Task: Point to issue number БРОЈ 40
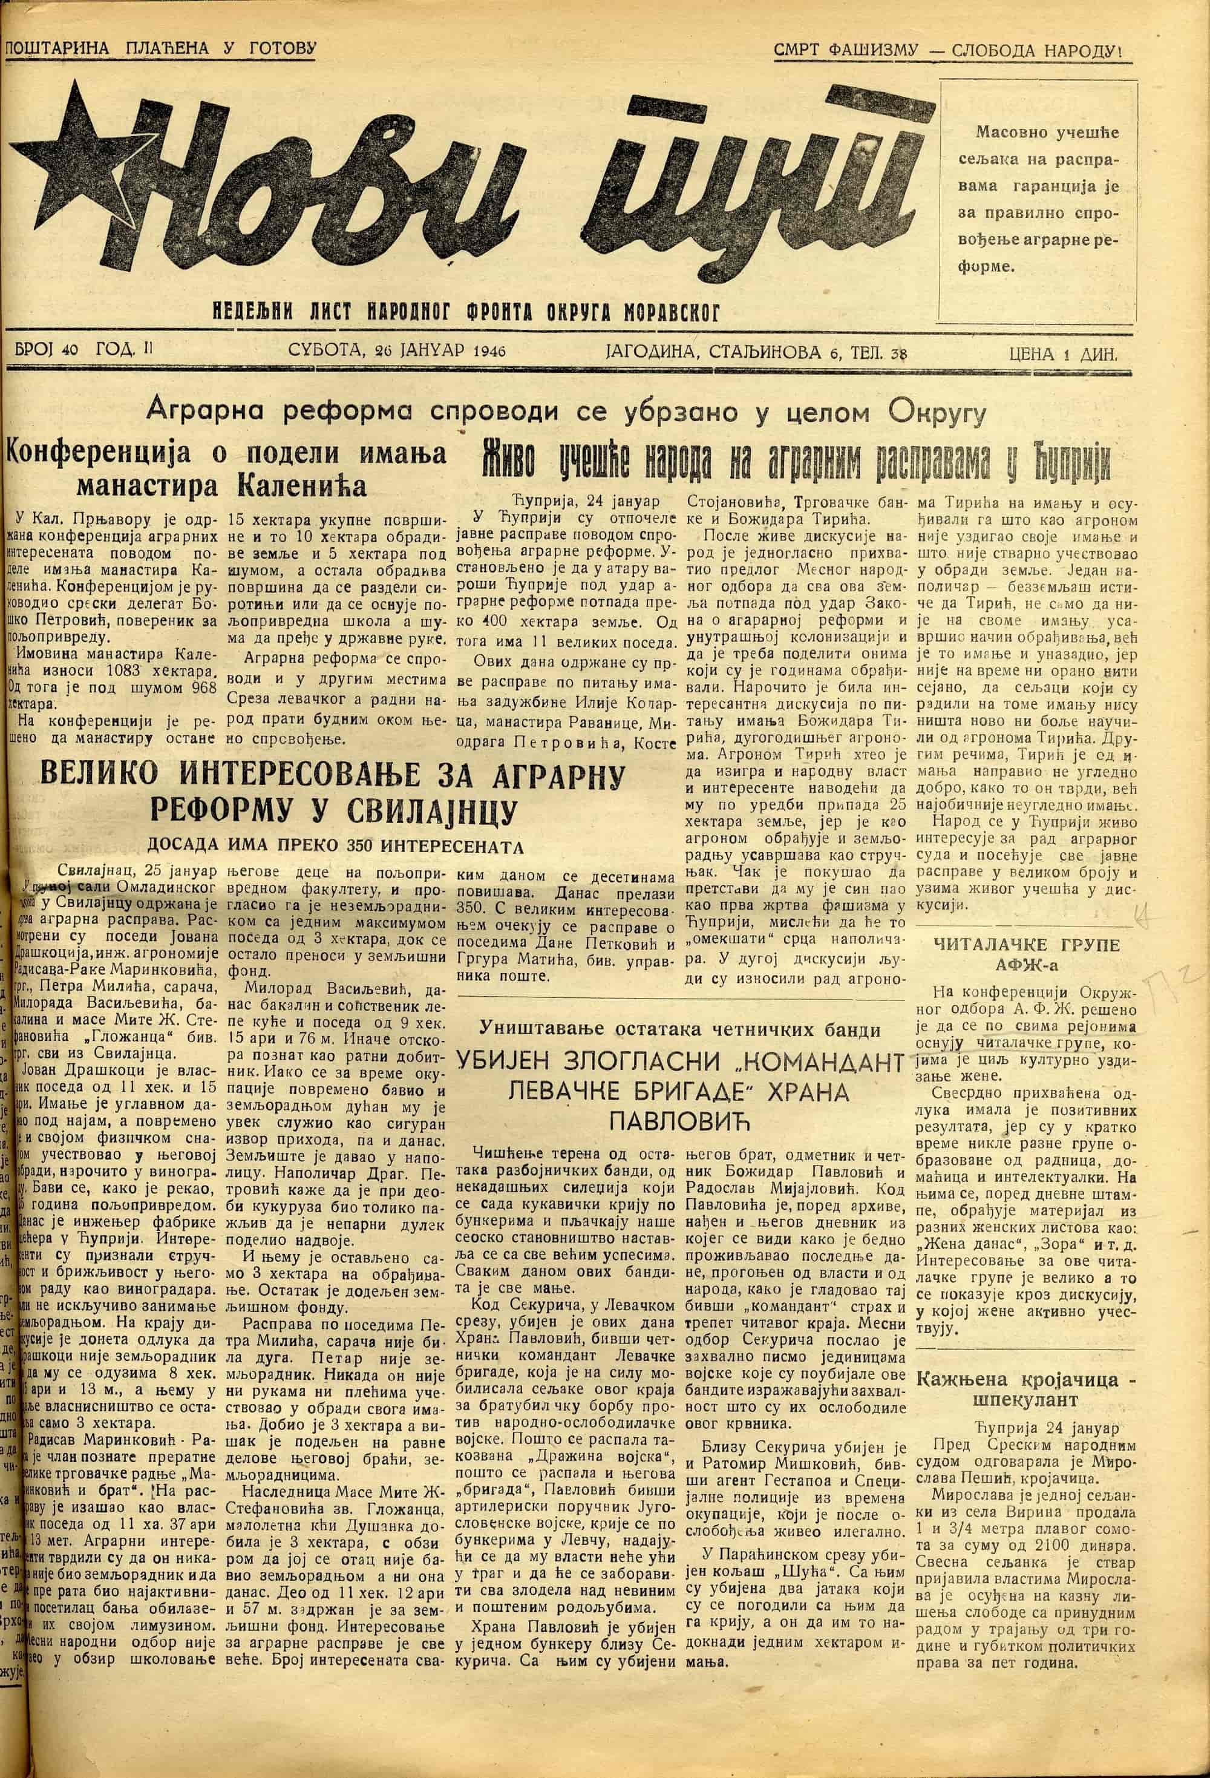[47, 350]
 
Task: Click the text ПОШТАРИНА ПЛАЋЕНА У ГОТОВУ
[160, 49]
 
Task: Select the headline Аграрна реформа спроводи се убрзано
[566, 414]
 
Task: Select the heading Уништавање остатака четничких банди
[678, 1030]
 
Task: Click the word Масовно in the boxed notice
[1009, 133]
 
